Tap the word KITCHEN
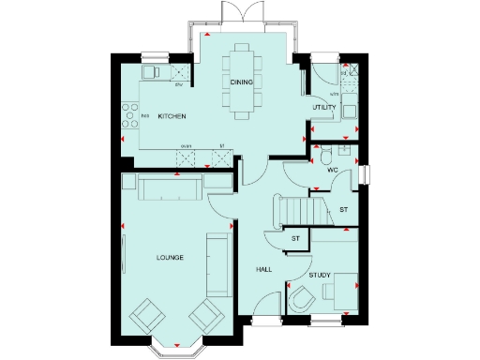click(x=172, y=116)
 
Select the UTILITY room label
click(x=324, y=108)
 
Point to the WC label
click(x=332, y=171)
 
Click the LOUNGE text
click(x=169, y=257)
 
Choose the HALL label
click(x=264, y=269)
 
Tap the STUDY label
click(x=321, y=275)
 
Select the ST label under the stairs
click(x=295, y=239)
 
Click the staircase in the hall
click(x=297, y=209)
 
